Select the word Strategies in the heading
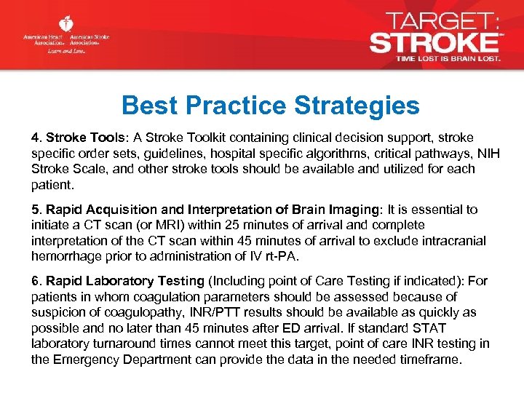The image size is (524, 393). tap(357, 106)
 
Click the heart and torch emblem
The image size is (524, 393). tap(65, 25)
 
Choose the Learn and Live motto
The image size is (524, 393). tap(66, 52)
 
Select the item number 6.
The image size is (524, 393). tap(36, 282)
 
